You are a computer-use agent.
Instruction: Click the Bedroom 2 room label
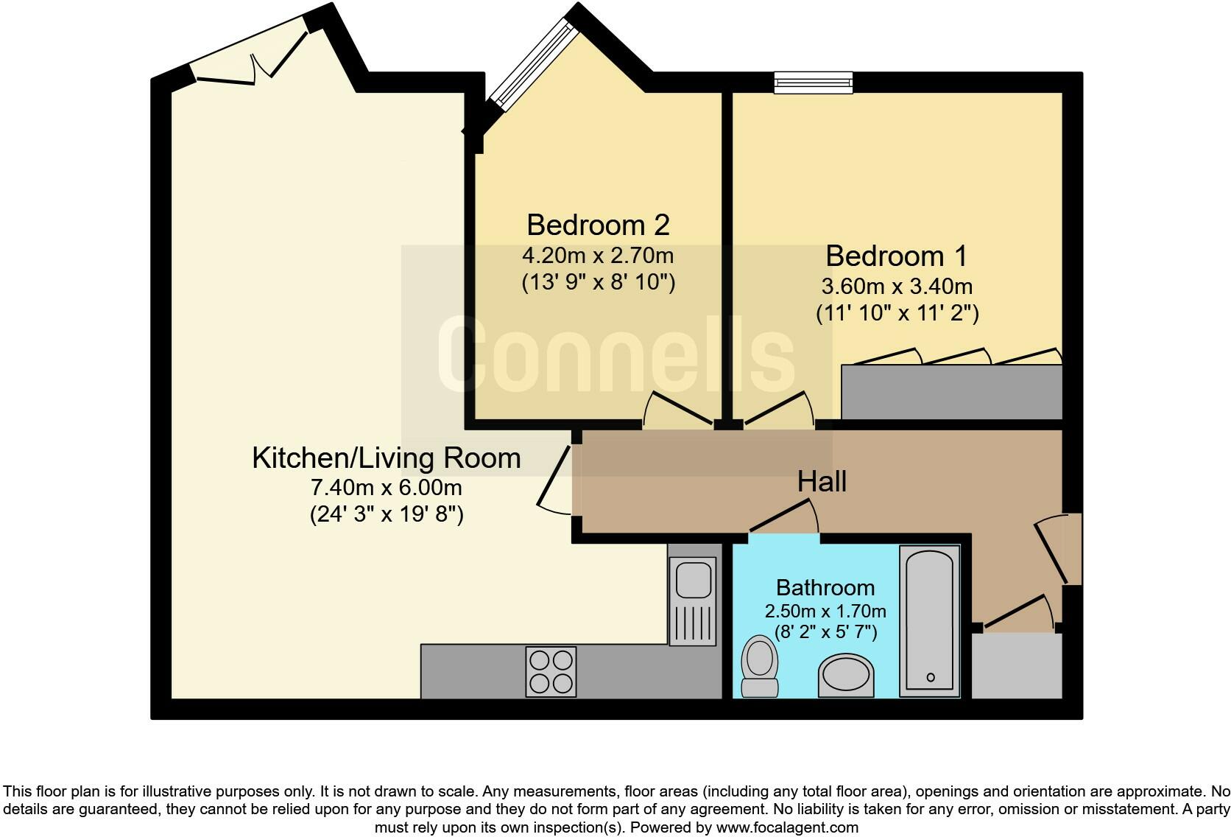tap(598, 225)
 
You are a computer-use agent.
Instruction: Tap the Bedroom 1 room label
tap(896, 256)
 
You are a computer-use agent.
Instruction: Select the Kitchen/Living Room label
tap(386, 458)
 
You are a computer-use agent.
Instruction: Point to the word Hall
tap(822, 482)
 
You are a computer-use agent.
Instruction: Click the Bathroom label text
tap(825, 588)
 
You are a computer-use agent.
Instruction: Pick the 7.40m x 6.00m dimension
tap(386, 488)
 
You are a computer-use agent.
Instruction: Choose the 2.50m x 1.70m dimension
tap(825, 612)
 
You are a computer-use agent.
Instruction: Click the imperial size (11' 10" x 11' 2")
tap(897, 313)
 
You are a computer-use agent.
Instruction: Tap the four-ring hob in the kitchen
tap(551, 671)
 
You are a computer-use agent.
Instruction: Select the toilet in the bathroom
tap(760, 666)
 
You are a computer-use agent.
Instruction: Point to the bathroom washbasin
tap(847, 674)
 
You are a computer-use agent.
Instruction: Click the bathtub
tap(930, 620)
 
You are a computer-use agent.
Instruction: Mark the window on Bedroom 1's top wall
tap(813, 83)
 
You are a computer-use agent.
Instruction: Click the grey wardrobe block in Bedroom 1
tap(951, 392)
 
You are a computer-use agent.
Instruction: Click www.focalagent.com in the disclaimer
tap(787, 827)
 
